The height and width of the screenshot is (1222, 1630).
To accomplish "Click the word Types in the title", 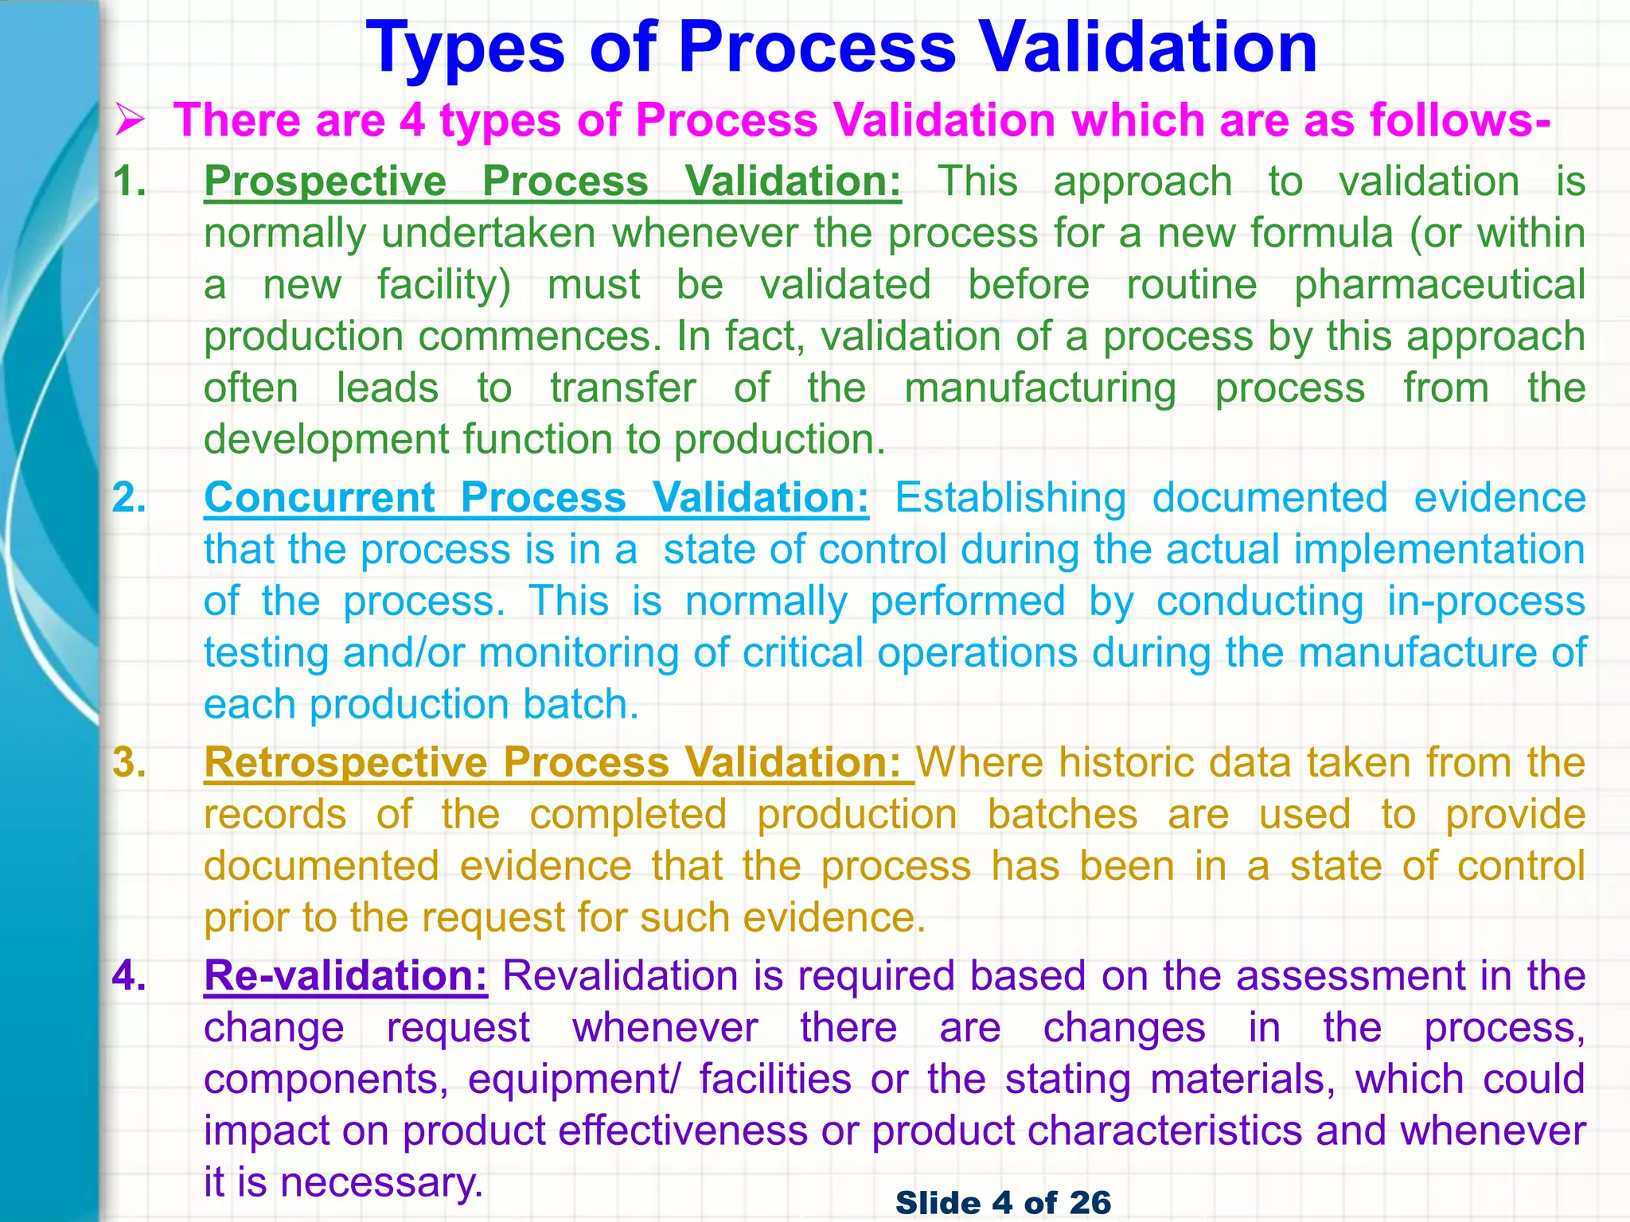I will [x=466, y=48].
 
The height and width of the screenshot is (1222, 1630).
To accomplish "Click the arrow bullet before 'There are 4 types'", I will [x=130, y=122].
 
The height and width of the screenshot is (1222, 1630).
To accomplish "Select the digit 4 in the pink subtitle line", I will [x=412, y=121].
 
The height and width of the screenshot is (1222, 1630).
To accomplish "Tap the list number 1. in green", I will [x=129, y=181].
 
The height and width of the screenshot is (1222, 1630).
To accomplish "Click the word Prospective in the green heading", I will [x=325, y=181].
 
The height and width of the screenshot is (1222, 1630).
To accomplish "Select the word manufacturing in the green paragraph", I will [x=1040, y=388].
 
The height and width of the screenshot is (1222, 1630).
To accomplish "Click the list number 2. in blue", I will [x=129, y=498].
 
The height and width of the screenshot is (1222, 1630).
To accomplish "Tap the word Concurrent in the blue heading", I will [x=319, y=498].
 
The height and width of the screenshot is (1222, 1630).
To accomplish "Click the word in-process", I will [x=1486, y=601].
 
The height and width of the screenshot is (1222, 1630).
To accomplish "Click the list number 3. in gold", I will [x=129, y=763].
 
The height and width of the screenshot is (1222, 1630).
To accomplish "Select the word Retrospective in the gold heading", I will [x=345, y=763].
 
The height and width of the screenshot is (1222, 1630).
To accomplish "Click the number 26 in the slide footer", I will [x=1090, y=1202].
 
